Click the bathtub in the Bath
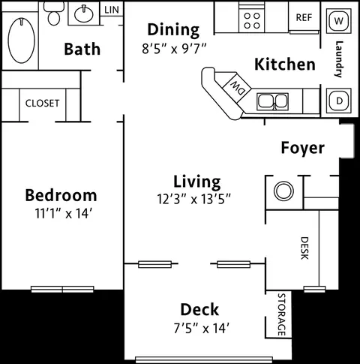[22, 41]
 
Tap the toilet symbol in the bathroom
[54, 14]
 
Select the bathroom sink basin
[84, 14]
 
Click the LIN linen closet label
[112, 10]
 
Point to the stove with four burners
[252, 21]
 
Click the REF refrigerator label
[304, 17]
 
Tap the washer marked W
[338, 21]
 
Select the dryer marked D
[339, 101]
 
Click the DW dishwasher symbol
[236, 87]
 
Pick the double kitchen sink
[273, 101]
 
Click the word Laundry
[338, 59]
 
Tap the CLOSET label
[43, 103]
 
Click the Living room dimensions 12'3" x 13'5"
[193, 199]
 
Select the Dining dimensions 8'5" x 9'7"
[174, 49]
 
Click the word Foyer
[303, 148]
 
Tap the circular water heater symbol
[283, 191]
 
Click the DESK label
[304, 248]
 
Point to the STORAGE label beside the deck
[281, 314]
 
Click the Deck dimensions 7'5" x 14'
[202, 328]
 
